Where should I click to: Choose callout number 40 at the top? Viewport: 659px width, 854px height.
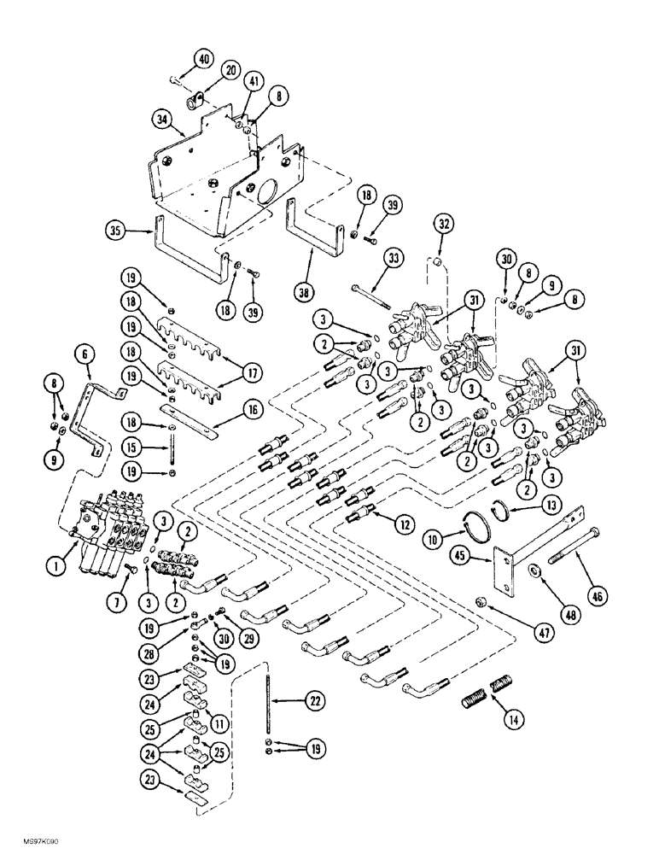coord(203,60)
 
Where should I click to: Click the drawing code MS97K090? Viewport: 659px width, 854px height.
coord(33,842)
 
